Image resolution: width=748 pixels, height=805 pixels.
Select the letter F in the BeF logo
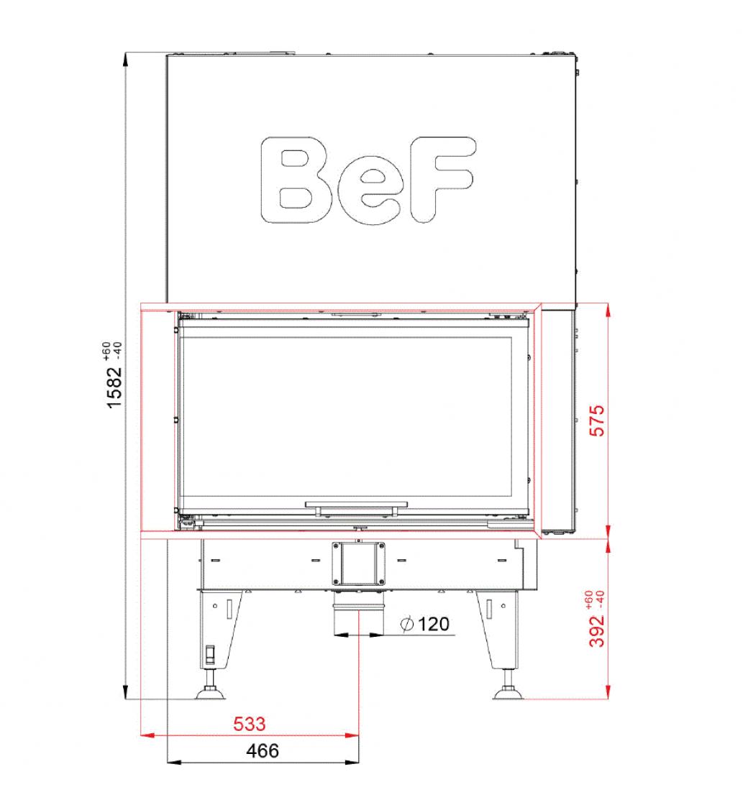[x=442, y=179]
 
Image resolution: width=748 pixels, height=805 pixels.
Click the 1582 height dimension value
[x=114, y=387]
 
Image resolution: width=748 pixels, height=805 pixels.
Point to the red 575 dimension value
[x=597, y=420]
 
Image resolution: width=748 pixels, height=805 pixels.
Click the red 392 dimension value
[x=597, y=631]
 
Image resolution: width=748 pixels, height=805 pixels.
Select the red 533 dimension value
[x=249, y=724]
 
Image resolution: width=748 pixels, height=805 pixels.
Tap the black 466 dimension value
[x=263, y=750]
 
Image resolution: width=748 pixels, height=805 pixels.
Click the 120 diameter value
[x=434, y=624]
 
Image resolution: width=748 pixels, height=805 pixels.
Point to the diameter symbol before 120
[x=407, y=625]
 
